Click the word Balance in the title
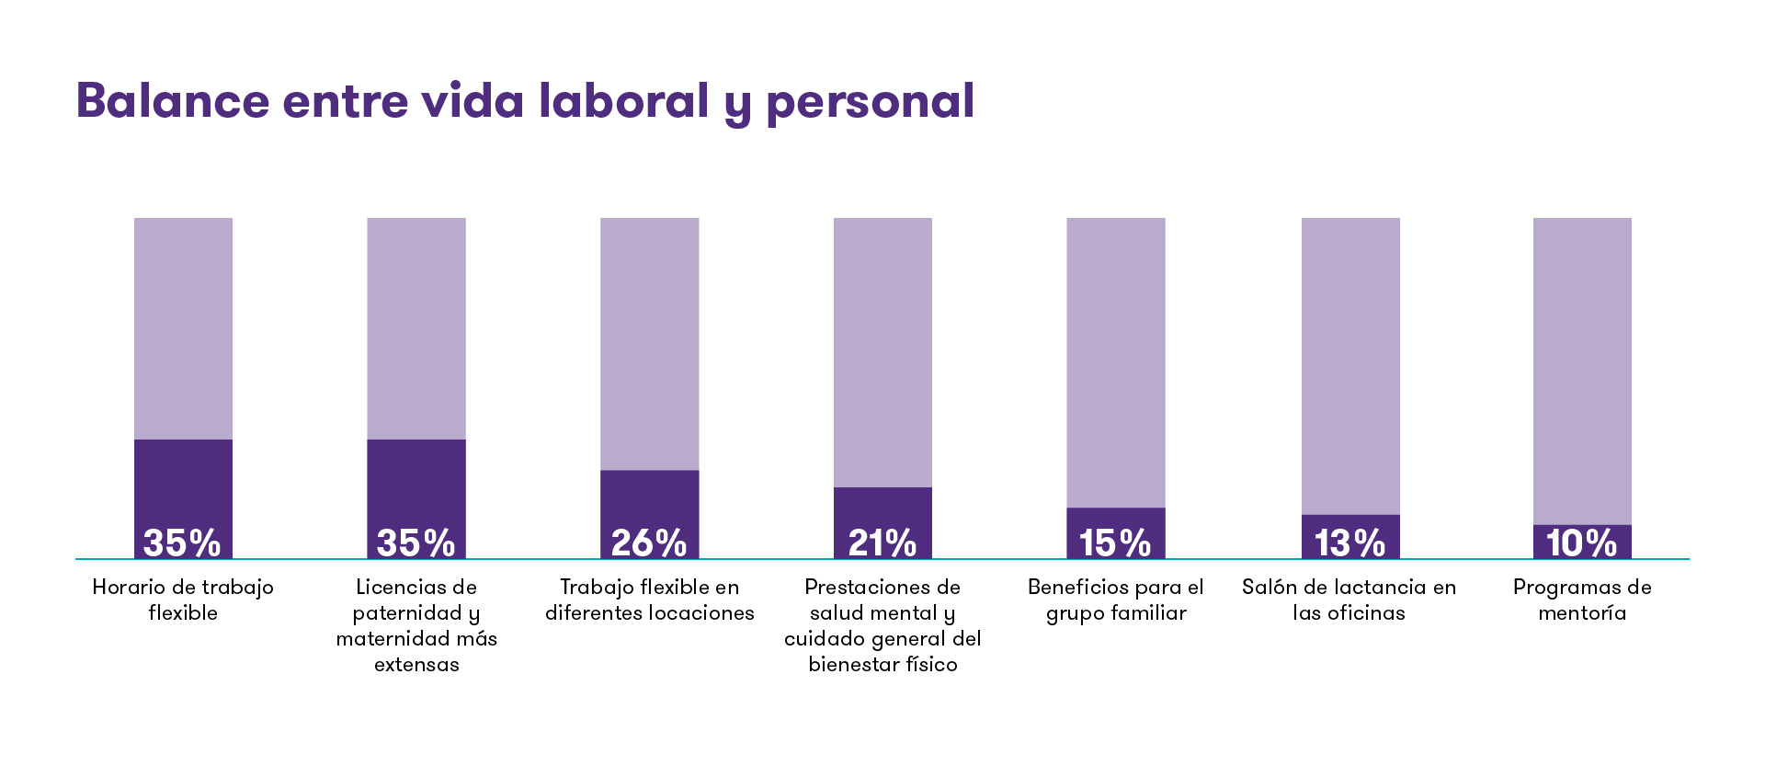172,100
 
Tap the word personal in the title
870,102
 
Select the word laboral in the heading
623,100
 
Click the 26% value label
649,543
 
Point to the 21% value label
882,543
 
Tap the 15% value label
1115,543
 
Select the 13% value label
1349,543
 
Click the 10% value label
1581,543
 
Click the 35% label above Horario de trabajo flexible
182,543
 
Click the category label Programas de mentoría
1582,600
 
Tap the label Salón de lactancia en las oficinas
1349,600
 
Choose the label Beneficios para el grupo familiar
1115,600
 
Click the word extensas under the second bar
416,665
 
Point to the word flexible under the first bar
183,613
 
